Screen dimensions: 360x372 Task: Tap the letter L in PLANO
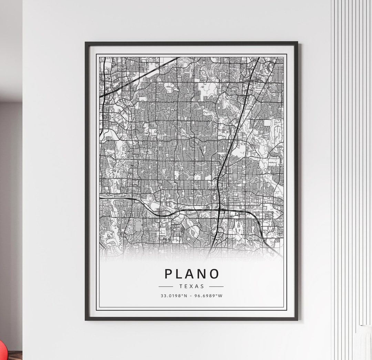[x=180, y=274]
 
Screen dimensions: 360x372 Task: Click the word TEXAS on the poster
[x=191, y=286]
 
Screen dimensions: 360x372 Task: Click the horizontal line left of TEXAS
[x=166, y=286]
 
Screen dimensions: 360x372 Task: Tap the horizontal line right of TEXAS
[x=216, y=286]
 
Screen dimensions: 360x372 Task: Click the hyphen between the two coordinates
[x=192, y=295]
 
